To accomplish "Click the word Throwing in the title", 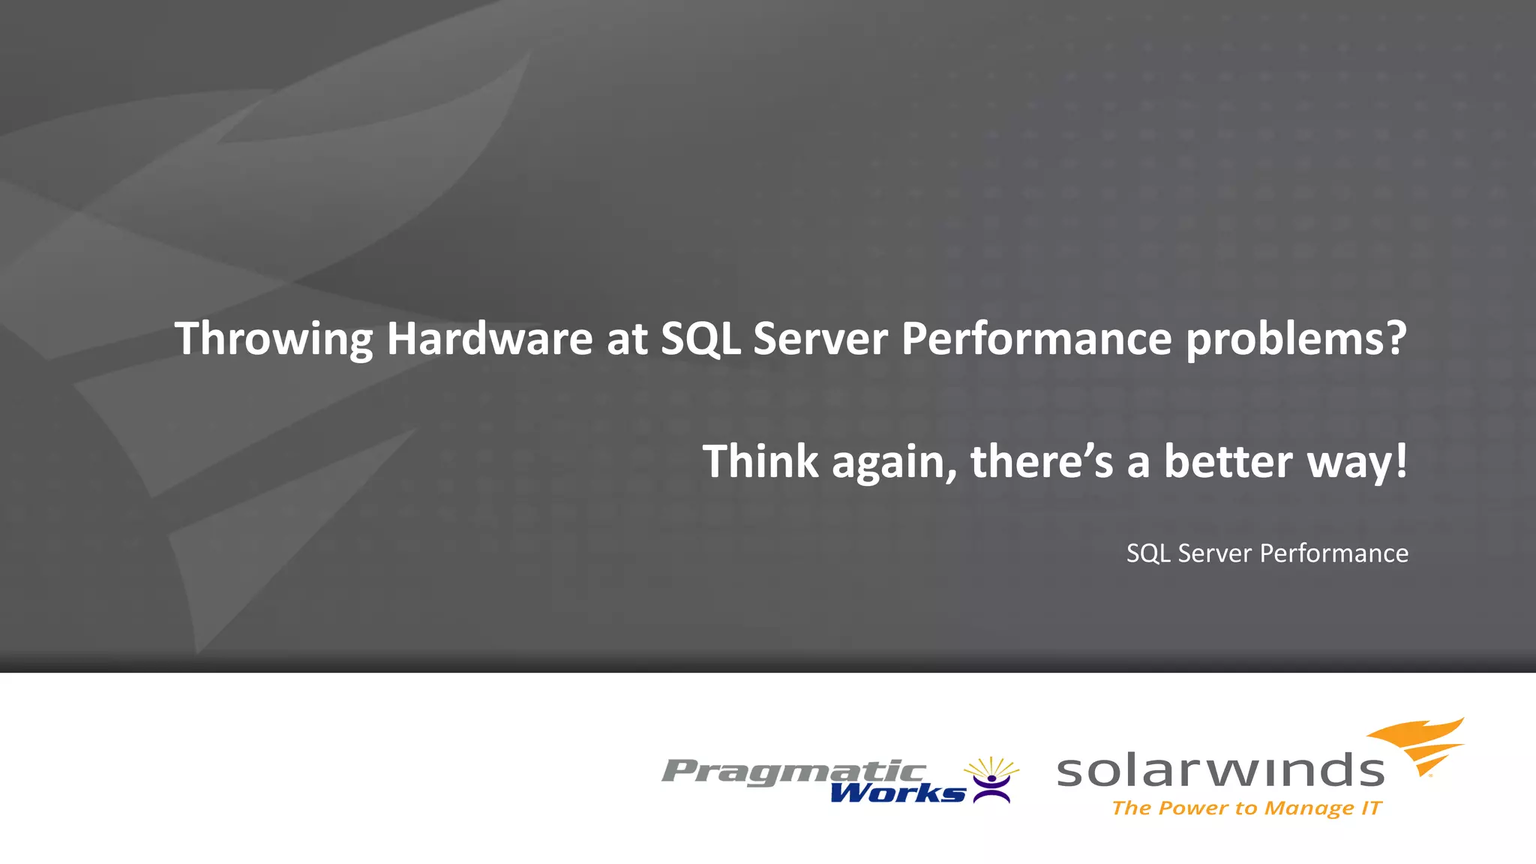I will coord(273,340).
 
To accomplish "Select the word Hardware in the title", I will coord(489,338).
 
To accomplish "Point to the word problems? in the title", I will coord(1296,340).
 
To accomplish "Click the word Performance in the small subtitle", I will coord(1333,553).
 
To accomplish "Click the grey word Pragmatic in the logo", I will coord(793,771).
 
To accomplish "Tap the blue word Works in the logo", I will coord(897,793).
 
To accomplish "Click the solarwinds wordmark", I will coord(1220,771).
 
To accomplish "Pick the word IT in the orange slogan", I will coord(1372,808).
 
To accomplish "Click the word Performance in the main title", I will coord(1036,338).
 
